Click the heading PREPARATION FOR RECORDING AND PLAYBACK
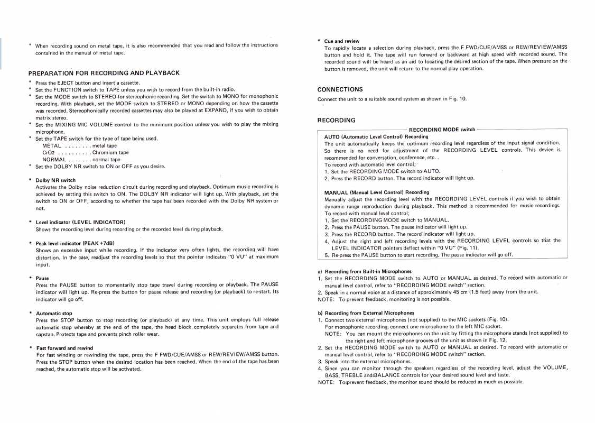104,73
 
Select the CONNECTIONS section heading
340,89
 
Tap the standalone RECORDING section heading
336,121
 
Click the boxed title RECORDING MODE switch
442,130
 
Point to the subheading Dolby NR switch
55,180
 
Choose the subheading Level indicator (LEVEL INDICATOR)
80,222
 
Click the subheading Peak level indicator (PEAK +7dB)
75,243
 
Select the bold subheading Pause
42,278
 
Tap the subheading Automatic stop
54,313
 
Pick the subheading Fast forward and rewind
64,348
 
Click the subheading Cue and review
341,41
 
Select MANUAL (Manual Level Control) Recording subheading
376,192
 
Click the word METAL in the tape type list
52,145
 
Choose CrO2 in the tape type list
49,152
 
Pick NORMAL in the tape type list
54,159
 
